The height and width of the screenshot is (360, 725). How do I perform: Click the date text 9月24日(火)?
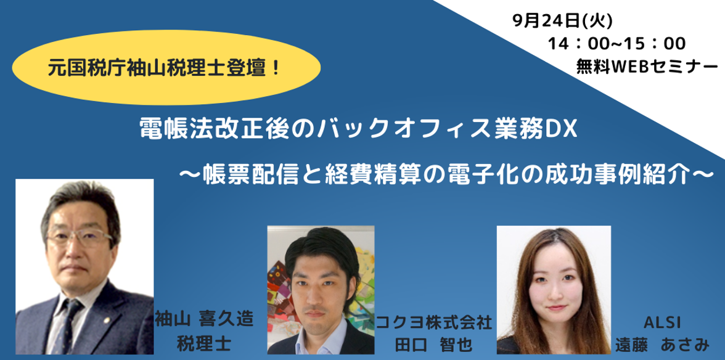(x=561, y=21)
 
